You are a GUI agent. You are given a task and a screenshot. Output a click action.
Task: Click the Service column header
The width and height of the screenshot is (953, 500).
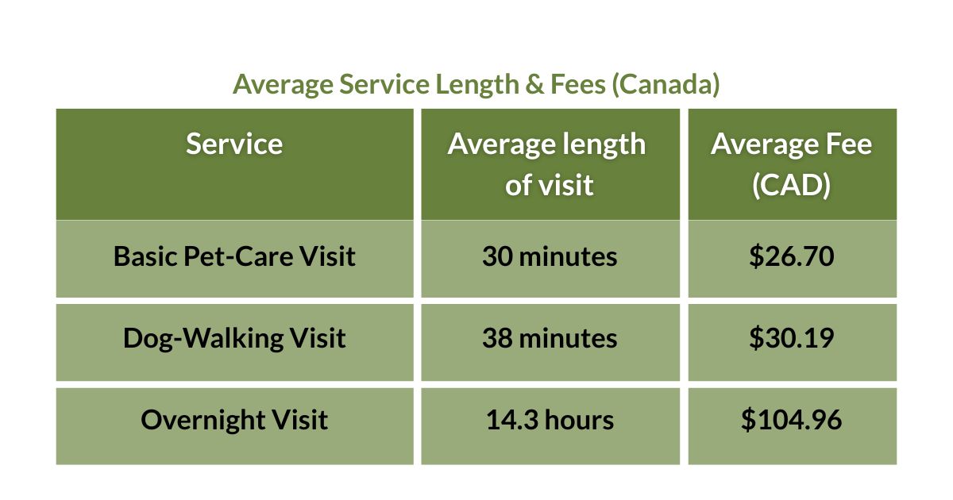point(234,144)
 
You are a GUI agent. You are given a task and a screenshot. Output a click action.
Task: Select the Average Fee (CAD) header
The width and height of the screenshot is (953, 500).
point(791,164)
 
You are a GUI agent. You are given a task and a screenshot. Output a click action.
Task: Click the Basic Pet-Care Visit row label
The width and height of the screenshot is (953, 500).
point(234,257)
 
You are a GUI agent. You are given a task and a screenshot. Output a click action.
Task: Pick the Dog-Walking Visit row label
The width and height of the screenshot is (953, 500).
point(234,339)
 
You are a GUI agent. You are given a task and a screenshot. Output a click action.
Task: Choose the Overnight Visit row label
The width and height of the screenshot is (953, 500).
point(234,420)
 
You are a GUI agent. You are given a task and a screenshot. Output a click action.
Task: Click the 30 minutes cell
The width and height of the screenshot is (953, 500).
point(549,257)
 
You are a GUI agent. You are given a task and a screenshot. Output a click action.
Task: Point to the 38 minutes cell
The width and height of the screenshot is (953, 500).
point(549,339)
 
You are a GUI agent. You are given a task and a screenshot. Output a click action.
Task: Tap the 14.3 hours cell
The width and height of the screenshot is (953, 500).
point(549,420)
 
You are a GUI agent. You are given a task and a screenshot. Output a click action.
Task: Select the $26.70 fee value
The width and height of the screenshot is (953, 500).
point(791,257)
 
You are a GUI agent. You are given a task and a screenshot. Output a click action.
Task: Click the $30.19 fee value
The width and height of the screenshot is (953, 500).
point(791,339)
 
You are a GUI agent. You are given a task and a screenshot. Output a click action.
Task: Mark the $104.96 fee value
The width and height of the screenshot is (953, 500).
point(791,420)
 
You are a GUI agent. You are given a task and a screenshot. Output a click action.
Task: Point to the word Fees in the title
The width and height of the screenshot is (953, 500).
point(577,84)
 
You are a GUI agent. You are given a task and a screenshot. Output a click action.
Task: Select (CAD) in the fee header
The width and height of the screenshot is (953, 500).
point(791,185)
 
